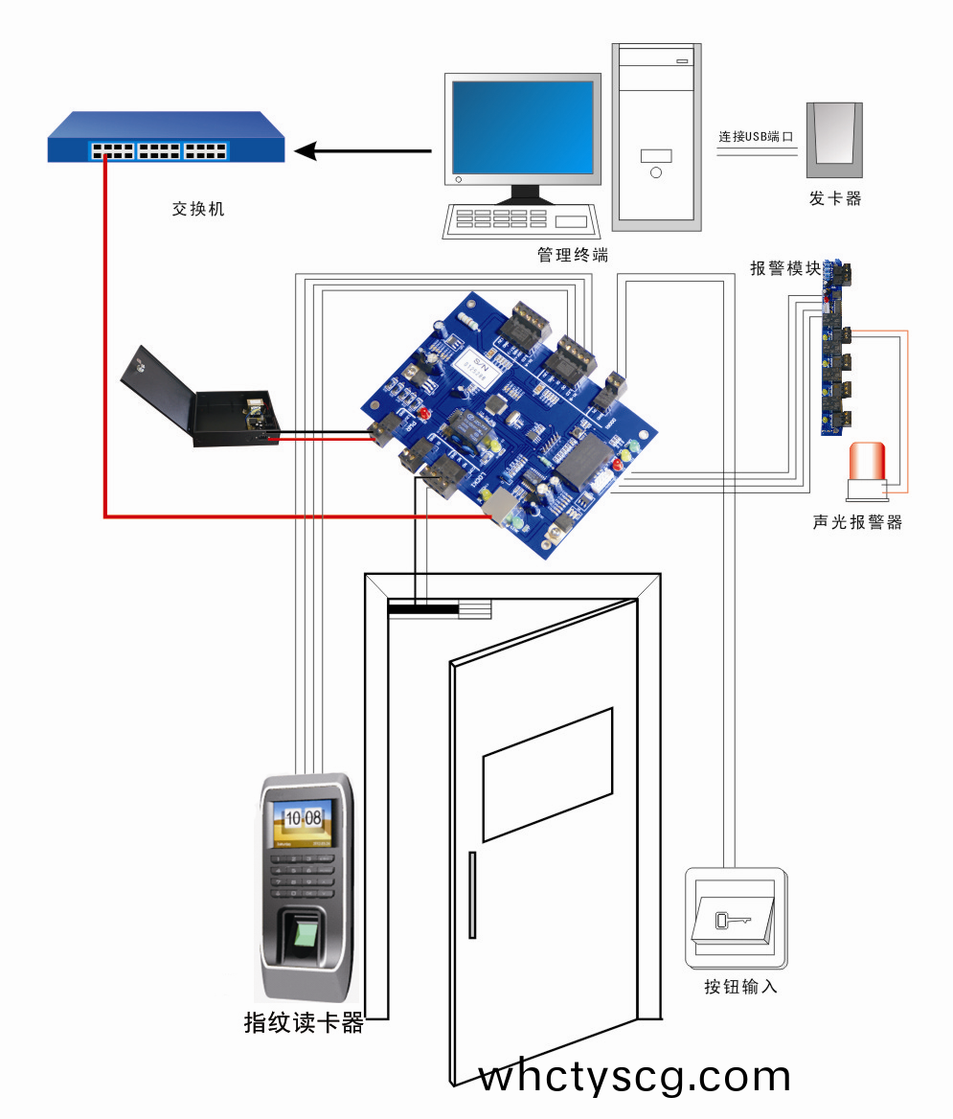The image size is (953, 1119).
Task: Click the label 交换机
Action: click(x=197, y=209)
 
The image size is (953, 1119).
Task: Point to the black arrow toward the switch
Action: click(x=364, y=150)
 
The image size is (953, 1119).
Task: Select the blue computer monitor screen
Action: click(x=523, y=126)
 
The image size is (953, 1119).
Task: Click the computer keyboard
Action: click(x=518, y=220)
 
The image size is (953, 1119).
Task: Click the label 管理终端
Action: click(x=573, y=256)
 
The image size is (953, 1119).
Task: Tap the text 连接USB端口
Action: click(x=757, y=137)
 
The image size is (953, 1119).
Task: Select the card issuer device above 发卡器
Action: click(x=835, y=140)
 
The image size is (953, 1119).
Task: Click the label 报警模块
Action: click(x=785, y=268)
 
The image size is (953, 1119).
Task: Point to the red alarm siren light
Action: click(x=868, y=461)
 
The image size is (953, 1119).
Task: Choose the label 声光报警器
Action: click(x=857, y=523)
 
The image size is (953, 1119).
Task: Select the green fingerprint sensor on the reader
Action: click(x=306, y=934)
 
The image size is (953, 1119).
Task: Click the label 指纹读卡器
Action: click(x=305, y=1023)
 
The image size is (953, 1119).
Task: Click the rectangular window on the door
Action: click(x=548, y=774)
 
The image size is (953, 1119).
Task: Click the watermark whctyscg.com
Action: click(x=634, y=1077)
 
